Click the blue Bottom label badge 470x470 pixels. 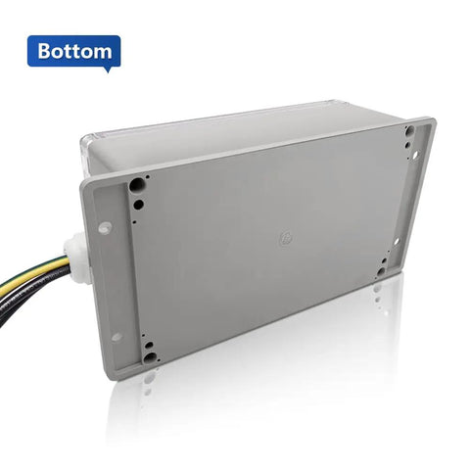73,51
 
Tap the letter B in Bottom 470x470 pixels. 44,51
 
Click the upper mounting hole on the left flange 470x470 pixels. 105,227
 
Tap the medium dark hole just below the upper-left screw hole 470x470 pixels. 138,205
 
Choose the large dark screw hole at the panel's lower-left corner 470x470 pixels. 150,357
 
